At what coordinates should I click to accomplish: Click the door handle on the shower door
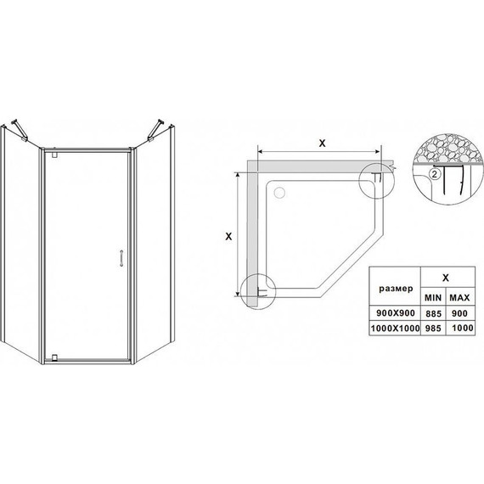click(x=122, y=258)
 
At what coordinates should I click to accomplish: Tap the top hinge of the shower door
click(x=55, y=155)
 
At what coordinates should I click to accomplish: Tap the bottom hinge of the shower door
click(x=55, y=357)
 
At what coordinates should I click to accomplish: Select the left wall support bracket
click(x=20, y=130)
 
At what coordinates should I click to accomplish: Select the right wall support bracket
click(x=156, y=130)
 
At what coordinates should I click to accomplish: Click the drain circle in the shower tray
click(x=279, y=193)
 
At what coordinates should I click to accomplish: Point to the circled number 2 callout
click(x=435, y=174)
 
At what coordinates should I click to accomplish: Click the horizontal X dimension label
click(x=323, y=144)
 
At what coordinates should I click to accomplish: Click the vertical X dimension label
click(x=228, y=236)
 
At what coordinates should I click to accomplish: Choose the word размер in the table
click(x=396, y=289)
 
